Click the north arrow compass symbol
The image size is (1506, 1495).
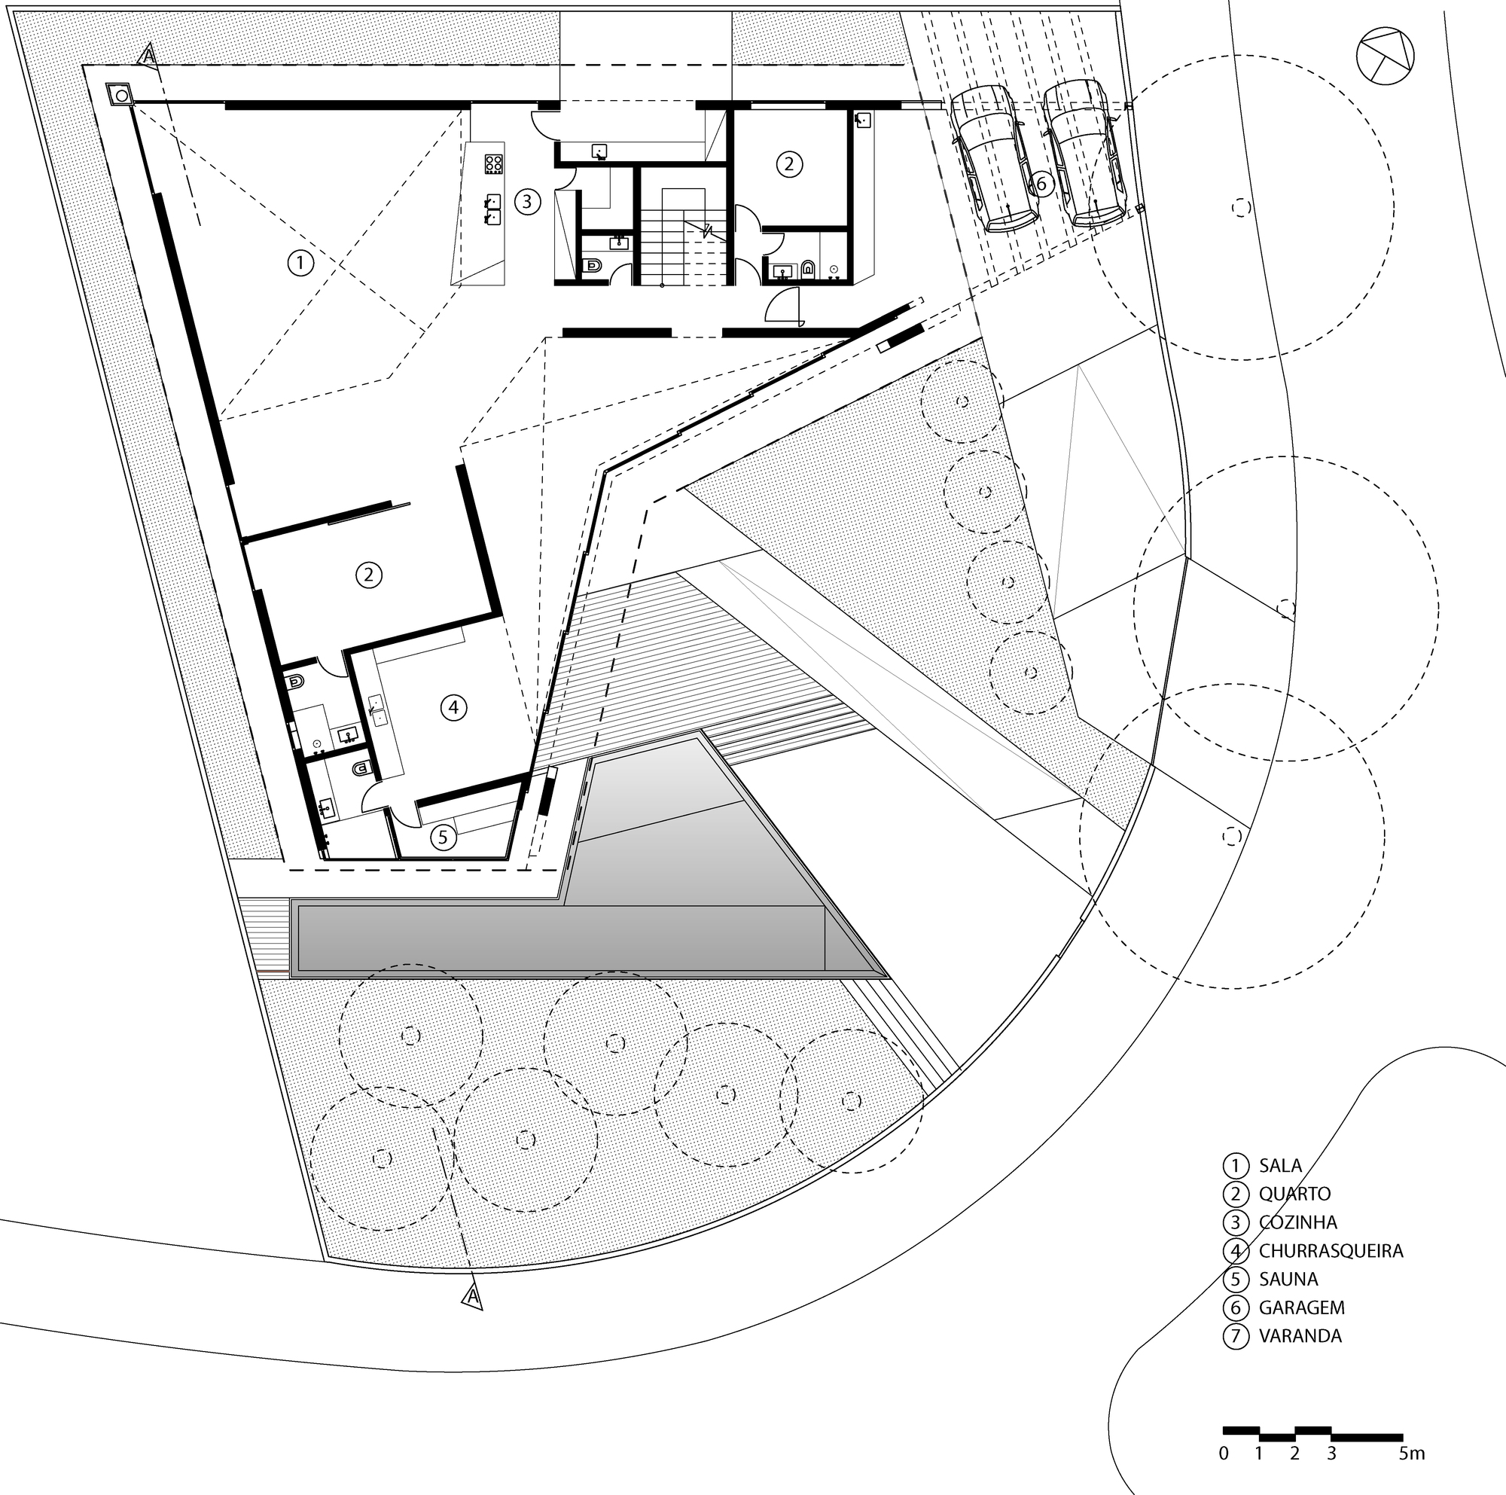point(1385,57)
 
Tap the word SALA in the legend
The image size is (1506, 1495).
point(1280,1165)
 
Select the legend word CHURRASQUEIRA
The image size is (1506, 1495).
point(1331,1251)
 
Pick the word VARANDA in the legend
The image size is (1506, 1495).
point(1300,1336)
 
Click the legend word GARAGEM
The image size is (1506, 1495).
point(1301,1307)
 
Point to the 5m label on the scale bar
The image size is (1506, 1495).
point(1412,1454)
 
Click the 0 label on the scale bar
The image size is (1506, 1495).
point(1224,1454)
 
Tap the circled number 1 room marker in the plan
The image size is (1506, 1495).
point(300,263)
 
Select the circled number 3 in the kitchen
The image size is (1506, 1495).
point(528,203)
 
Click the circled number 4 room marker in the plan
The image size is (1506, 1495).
point(453,708)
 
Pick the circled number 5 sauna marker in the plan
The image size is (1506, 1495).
point(443,838)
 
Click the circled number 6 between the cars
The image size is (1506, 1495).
point(1041,184)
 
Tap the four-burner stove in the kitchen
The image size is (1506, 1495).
point(493,163)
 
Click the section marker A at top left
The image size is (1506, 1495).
point(148,56)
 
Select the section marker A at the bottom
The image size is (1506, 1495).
point(471,1297)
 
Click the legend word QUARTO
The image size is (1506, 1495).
point(1294,1194)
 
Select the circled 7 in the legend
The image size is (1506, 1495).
point(1236,1336)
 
